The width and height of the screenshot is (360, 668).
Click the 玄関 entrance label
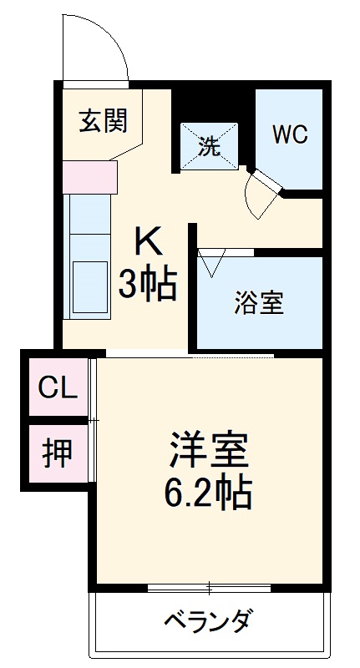103,122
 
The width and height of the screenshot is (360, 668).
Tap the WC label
288,134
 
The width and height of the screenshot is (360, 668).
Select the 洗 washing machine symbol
210,146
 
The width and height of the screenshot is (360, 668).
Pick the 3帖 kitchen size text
147,286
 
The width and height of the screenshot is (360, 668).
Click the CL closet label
58,387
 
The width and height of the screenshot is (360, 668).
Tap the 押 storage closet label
58,453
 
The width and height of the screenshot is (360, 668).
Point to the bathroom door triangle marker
210,263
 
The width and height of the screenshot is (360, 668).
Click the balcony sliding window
209,588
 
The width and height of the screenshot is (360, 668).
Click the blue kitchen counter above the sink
89,222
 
